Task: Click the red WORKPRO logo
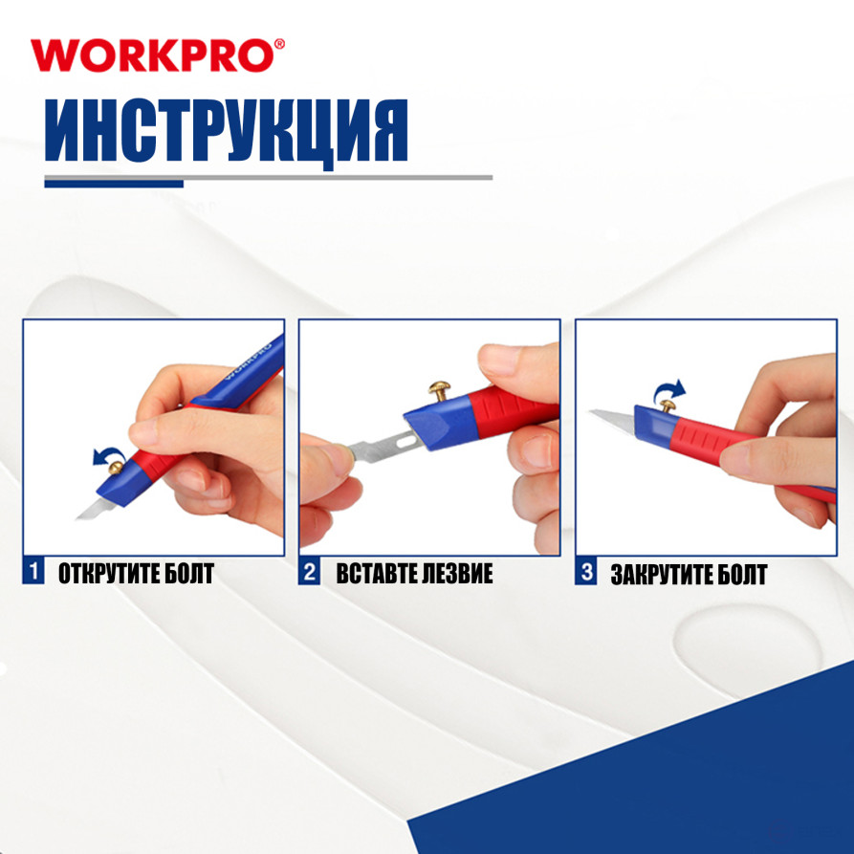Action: (157, 55)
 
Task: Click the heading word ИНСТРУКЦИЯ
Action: (228, 131)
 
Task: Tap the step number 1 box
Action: (33, 574)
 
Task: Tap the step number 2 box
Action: (309, 574)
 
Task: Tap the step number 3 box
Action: (585, 574)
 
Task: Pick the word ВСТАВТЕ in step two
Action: (377, 574)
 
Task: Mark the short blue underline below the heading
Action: (113, 183)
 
